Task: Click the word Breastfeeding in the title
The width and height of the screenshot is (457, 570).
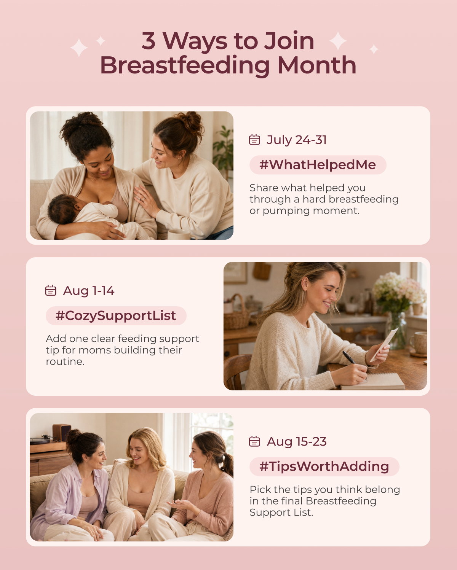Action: pos(185,65)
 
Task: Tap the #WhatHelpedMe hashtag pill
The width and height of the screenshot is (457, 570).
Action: pos(318,165)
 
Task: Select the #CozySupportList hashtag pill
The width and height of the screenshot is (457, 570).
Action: pos(116,316)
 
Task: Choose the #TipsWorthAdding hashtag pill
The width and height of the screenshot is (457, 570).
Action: pos(324,467)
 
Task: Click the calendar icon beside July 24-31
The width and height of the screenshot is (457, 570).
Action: pos(254,140)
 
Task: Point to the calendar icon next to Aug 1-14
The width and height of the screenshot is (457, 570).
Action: pos(51,290)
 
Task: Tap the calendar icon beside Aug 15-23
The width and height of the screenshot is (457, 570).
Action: pos(254,441)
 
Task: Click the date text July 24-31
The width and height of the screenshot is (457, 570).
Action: pos(297,140)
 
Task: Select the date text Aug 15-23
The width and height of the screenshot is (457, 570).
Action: pos(297,441)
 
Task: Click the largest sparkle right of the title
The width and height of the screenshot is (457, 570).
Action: pos(338,41)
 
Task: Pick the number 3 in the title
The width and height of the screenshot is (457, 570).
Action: pos(149,41)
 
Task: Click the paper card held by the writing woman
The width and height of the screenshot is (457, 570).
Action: pos(384,345)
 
